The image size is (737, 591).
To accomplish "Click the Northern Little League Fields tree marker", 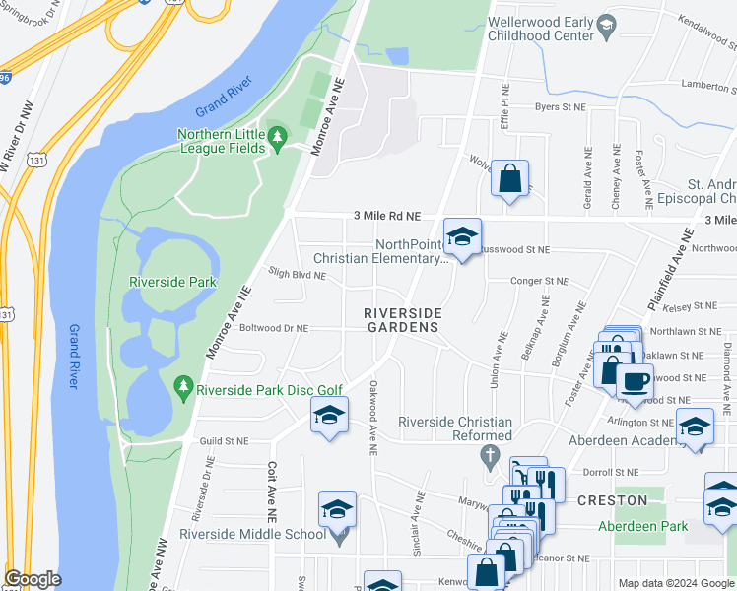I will [278, 134].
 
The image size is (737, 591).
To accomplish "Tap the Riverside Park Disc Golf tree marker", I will [184, 389].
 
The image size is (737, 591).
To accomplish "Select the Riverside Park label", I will [172, 282].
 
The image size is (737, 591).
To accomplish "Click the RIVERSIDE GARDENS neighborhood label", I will [402, 320].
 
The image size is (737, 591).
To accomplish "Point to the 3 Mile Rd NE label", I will [387, 216].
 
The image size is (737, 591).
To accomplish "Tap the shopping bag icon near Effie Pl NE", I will [509, 178].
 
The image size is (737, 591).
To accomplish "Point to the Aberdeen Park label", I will [642, 526].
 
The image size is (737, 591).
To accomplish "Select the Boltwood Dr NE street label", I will [273, 328].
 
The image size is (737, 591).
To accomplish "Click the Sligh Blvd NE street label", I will [297, 276].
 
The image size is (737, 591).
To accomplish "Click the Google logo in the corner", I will [33, 579].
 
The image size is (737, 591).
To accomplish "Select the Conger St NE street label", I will [539, 281].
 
